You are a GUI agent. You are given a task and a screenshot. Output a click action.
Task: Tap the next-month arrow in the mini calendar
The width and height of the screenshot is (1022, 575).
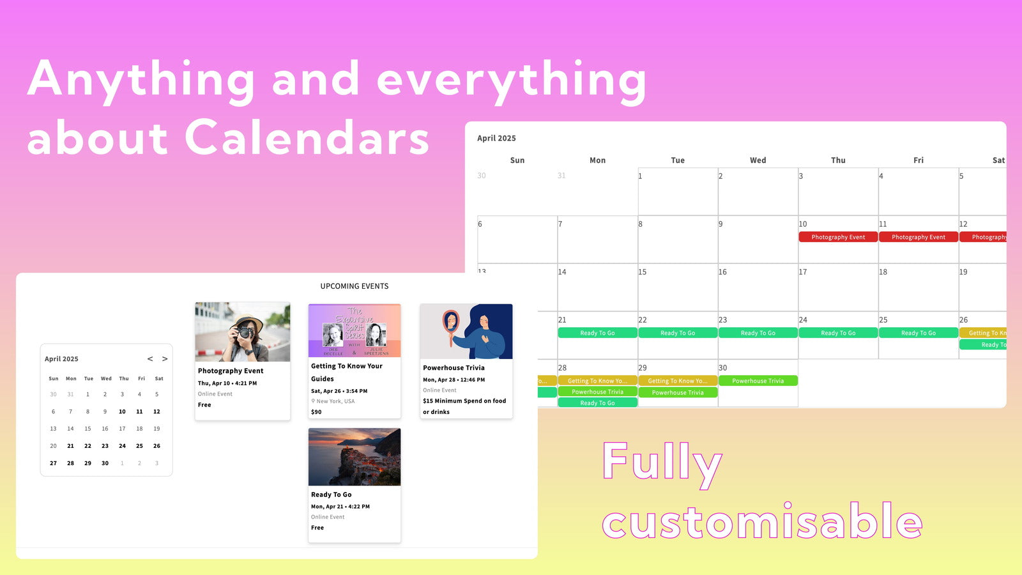click(165, 359)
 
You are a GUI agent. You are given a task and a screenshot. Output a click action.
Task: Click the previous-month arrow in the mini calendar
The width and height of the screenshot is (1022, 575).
click(150, 359)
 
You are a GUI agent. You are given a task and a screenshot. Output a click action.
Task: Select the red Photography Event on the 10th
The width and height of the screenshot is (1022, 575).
click(838, 237)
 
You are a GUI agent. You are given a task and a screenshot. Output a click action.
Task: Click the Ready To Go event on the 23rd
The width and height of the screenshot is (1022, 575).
click(758, 333)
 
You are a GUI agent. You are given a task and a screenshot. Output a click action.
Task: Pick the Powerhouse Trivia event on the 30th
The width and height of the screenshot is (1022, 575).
click(758, 381)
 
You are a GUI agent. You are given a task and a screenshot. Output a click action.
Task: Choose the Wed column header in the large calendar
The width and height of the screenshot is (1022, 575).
click(758, 160)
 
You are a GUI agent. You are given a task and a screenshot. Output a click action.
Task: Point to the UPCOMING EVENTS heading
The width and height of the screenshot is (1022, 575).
click(355, 286)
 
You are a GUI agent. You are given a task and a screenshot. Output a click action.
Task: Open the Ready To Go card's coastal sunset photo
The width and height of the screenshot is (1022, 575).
click(355, 457)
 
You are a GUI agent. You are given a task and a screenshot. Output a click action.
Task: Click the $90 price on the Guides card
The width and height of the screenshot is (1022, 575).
click(316, 412)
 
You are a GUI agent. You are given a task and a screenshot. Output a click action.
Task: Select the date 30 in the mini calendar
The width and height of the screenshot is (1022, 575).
click(105, 463)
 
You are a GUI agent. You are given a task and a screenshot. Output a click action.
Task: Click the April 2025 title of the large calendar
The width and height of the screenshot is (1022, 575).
click(496, 138)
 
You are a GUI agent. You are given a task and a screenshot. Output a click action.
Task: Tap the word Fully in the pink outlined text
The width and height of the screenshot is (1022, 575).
click(662, 463)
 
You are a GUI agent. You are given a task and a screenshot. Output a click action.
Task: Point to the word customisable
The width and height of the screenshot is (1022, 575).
click(762, 522)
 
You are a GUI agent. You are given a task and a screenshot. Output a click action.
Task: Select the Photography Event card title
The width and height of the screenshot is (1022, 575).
click(231, 371)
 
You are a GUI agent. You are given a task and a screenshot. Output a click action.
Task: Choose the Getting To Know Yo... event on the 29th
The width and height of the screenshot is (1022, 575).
click(678, 381)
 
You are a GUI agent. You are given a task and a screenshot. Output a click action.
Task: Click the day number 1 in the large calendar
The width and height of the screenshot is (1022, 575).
click(641, 176)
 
